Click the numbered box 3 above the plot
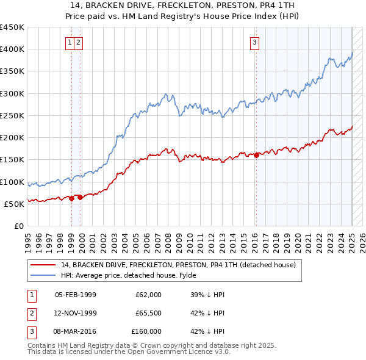[x=254, y=42]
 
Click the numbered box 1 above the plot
[x=71, y=42]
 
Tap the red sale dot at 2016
[x=256, y=155]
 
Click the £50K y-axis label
[x=15, y=204]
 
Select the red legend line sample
[x=43, y=265]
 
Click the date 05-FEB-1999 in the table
[x=76, y=295]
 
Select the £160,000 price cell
[x=146, y=331]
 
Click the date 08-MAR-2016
[x=76, y=331]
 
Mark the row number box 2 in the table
[x=31, y=313]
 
